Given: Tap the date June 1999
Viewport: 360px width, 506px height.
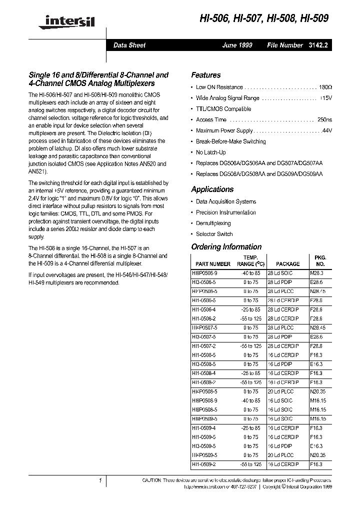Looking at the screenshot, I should click(x=237, y=45).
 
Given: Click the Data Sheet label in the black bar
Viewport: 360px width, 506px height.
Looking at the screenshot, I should click(x=129, y=45).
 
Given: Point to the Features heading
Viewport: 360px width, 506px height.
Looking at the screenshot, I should click(x=206, y=75).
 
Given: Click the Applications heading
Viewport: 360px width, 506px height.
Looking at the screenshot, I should click(x=212, y=189).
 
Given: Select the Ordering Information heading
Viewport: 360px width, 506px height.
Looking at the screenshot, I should click(x=226, y=246).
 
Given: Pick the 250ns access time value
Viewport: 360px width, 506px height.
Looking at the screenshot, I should click(x=324, y=120).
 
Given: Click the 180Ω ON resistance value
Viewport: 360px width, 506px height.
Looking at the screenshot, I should click(x=325, y=87).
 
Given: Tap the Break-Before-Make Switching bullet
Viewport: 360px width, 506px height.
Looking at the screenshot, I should click(x=230, y=141).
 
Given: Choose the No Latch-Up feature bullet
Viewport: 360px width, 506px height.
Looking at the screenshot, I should click(x=210, y=152).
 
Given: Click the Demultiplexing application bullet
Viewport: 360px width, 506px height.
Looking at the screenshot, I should click(x=213, y=223).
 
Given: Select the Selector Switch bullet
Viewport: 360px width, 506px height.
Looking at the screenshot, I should click(x=214, y=234).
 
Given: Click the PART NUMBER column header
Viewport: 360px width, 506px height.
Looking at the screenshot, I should click(x=213, y=263).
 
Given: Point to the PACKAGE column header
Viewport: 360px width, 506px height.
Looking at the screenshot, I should click(x=288, y=263).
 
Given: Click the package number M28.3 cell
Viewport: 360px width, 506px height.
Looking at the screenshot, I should click(x=317, y=273).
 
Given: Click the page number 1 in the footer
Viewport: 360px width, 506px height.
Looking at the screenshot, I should click(x=100, y=480).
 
